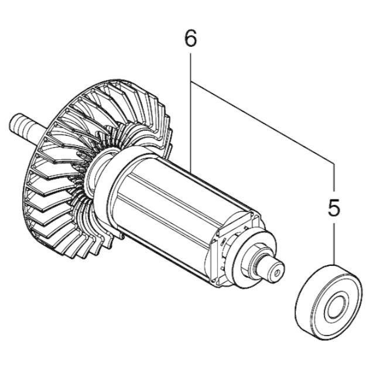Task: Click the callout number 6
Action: [x=191, y=38]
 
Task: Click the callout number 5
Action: [x=334, y=207]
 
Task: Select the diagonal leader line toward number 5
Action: [x=262, y=123]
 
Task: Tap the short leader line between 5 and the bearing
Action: [x=334, y=244]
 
